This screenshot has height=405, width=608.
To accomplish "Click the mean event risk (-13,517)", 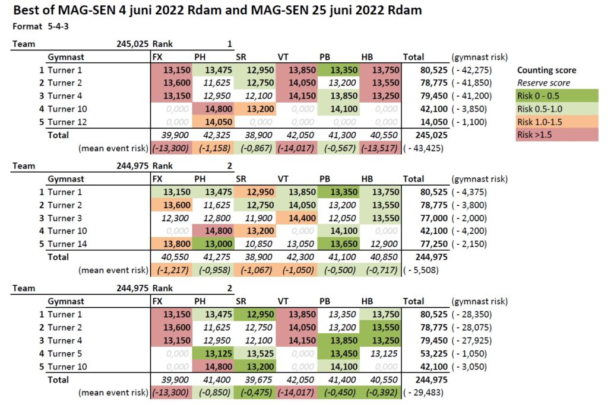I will coord(379,148).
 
